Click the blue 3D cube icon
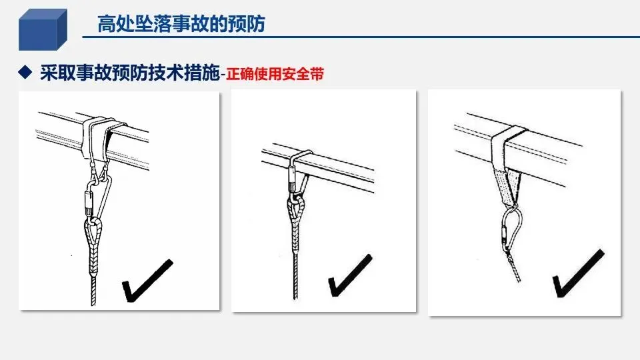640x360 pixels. click(x=43, y=29)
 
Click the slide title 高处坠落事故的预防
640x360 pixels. click(x=181, y=24)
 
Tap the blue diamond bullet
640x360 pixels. click(x=25, y=72)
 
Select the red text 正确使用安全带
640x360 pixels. click(x=275, y=74)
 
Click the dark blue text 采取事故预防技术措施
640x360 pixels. click(x=130, y=73)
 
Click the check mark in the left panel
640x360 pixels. click(x=147, y=281)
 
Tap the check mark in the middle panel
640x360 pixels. click(x=350, y=275)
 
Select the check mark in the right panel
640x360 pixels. click(x=578, y=273)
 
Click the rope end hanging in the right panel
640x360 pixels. click(x=513, y=267)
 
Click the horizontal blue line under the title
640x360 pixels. click(x=361, y=37)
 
